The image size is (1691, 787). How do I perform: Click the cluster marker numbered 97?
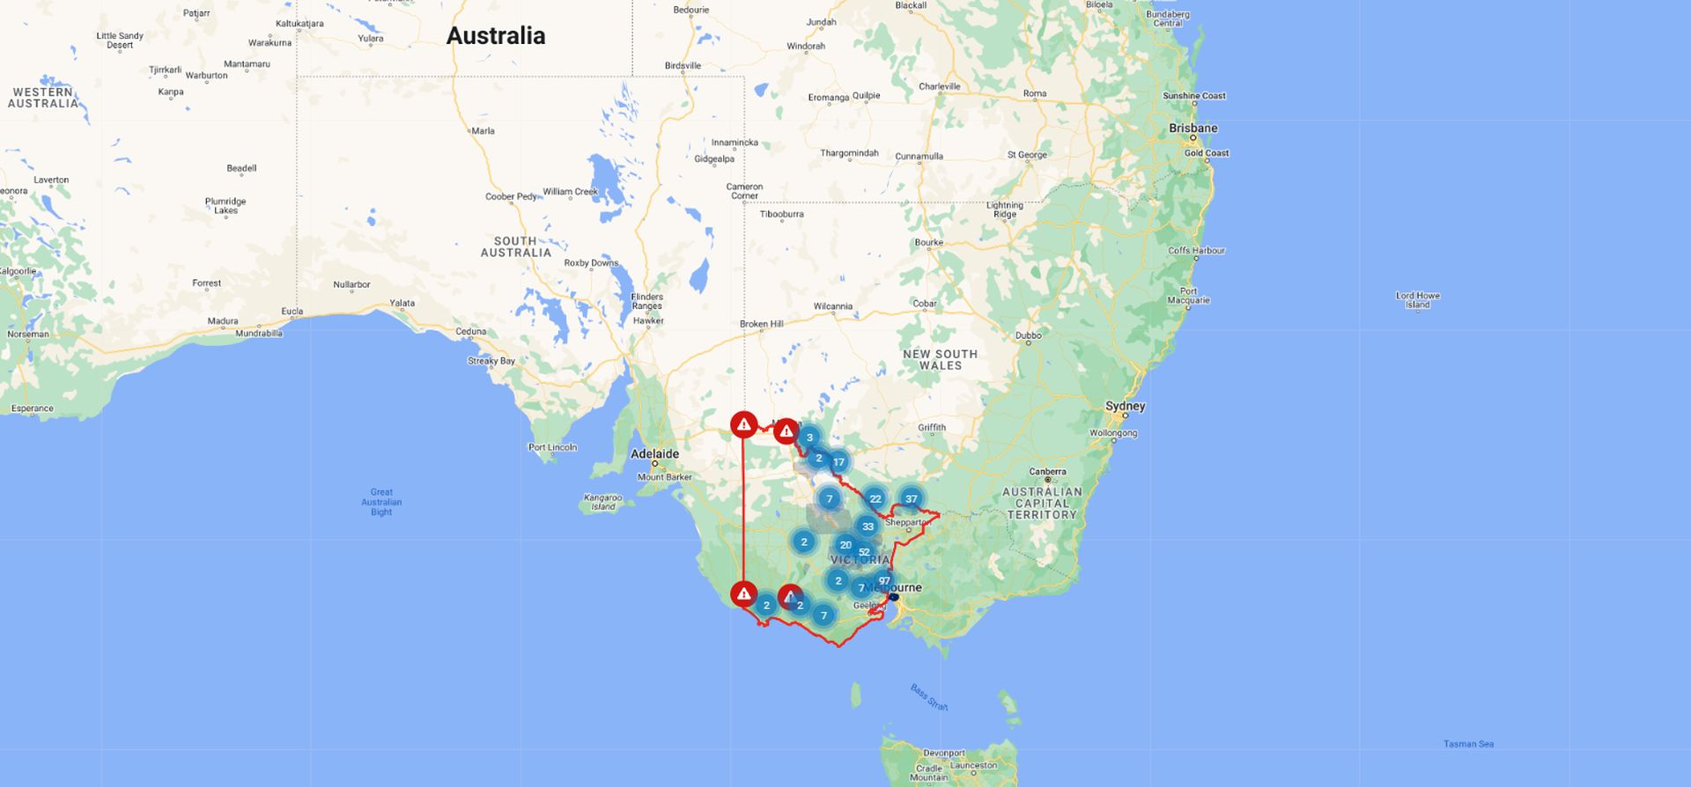coord(884,580)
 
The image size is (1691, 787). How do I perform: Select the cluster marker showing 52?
coord(864,552)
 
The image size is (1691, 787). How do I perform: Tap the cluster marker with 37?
coord(912,498)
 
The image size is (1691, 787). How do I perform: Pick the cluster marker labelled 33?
coord(868,526)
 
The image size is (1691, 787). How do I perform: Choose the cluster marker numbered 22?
coord(875,498)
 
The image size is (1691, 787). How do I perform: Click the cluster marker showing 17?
coord(838,461)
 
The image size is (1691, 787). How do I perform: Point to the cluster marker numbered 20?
coord(845,545)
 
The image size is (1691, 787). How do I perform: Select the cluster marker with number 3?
coord(809,438)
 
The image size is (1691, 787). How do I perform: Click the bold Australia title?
coord(496,36)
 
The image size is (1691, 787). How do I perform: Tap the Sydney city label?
coord(1125,406)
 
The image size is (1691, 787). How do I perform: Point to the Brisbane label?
coord(1193,128)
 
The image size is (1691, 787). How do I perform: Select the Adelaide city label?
coord(654,454)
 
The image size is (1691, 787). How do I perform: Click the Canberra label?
coord(1047,472)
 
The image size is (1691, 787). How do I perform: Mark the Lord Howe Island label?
coord(1417,300)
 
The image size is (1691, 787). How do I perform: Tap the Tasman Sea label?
coord(1468,744)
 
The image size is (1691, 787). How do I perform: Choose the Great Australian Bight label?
coord(381,502)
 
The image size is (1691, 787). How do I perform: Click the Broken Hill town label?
coord(761,324)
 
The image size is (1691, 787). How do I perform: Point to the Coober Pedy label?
coord(511,196)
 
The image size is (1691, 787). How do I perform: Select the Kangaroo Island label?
coord(602,502)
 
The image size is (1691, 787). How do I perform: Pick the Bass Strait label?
coord(928,697)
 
